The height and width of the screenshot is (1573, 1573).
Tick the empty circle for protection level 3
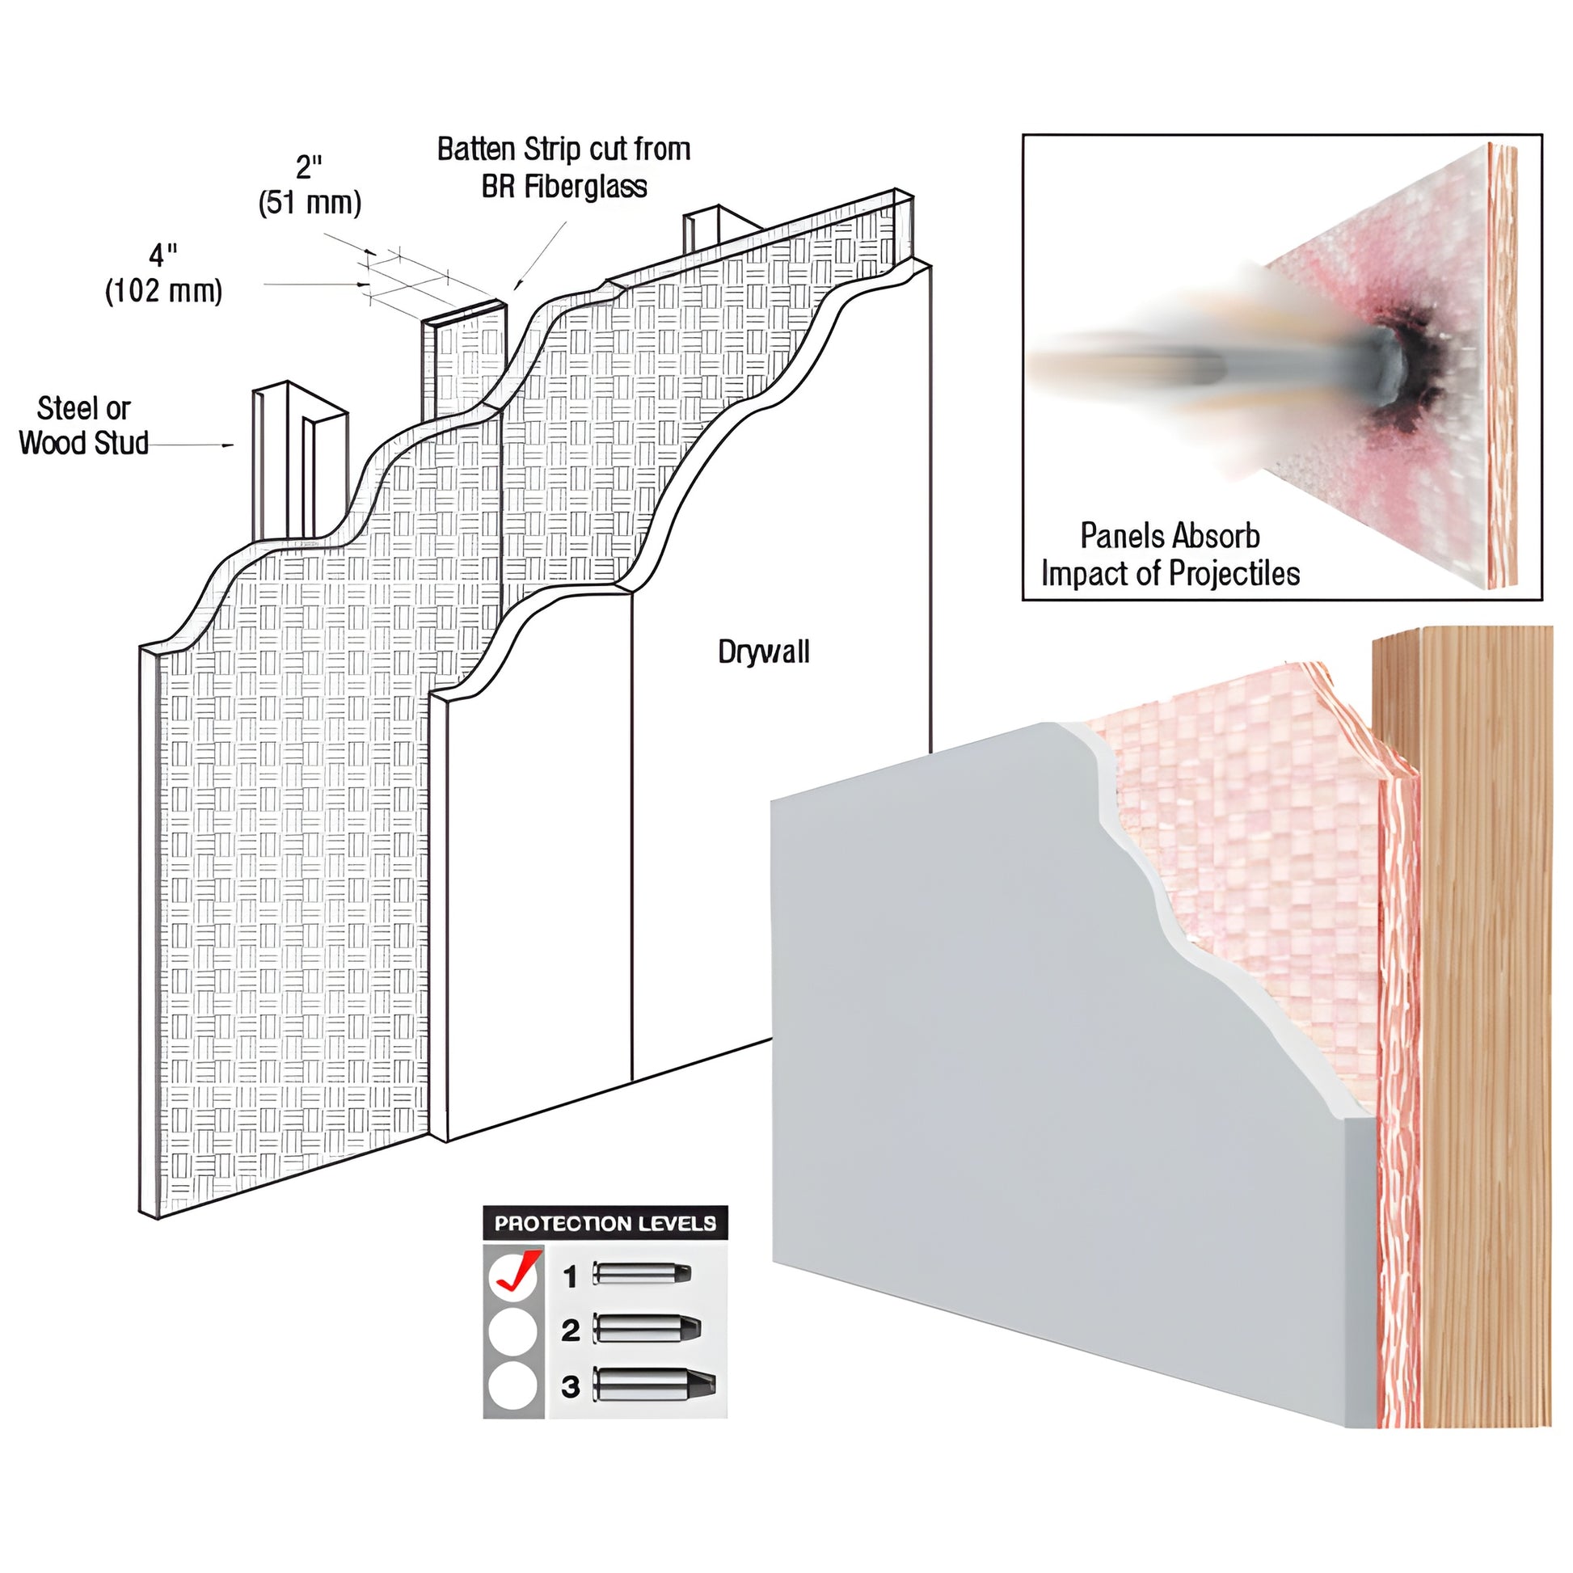[x=513, y=1385]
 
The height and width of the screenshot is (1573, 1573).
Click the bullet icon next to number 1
[x=642, y=1273]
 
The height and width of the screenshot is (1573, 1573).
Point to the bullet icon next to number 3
[x=654, y=1384]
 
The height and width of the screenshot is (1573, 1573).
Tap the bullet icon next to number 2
[x=647, y=1329]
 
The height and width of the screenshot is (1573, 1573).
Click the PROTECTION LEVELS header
[x=605, y=1224]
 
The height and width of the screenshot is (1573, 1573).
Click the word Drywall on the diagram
[x=763, y=652]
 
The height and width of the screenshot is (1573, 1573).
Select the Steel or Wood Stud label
[x=83, y=425]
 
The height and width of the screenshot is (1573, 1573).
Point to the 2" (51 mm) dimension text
[x=310, y=185]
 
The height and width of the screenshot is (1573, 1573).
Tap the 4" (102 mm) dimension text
[x=162, y=273]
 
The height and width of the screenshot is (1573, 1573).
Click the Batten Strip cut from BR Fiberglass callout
[x=563, y=167]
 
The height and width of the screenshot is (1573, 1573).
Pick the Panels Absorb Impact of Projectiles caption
[x=1170, y=555]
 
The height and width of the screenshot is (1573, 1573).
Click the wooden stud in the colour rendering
[x=1482, y=1018]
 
